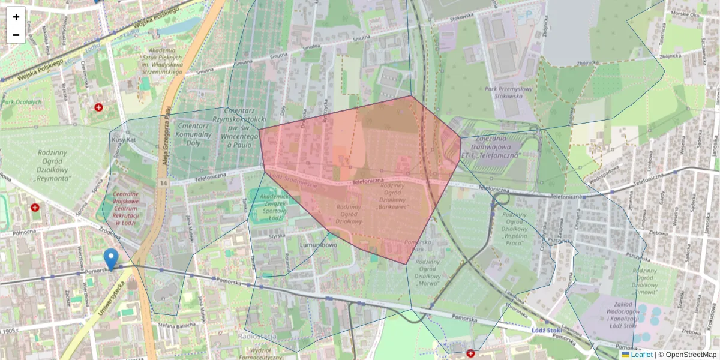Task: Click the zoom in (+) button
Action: (x=16, y=17)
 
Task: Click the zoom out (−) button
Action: (x=16, y=35)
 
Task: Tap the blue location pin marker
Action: (x=111, y=260)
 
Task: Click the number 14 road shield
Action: (x=163, y=182)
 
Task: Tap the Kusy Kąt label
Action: (x=124, y=139)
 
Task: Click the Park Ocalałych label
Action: (x=22, y=102)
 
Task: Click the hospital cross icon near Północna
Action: (x=35, y=208)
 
